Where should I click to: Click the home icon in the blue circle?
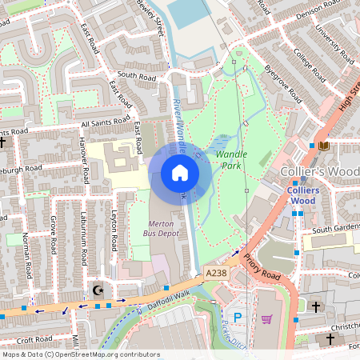click(x=180, y=173)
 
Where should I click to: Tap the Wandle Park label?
click(x=231, y=159)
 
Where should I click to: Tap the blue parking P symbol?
click(x=236, y=318)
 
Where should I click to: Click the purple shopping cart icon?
click(x=266, y=318)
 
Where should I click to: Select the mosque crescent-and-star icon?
click(x=98, y=290)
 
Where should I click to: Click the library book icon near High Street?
click(x=323, y=146)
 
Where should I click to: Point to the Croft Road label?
click(x=34, y=340)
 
